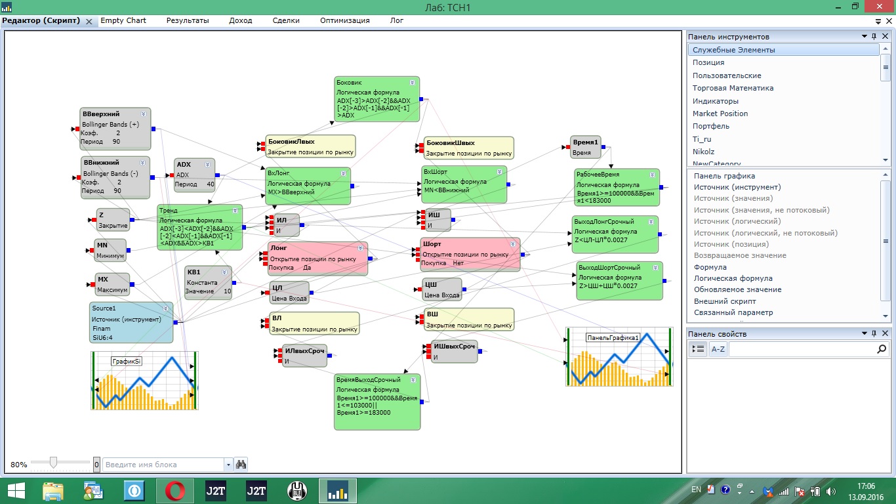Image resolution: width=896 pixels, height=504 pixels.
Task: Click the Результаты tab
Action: pyautogui.click(x=188, y=20)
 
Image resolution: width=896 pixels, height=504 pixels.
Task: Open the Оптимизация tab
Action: pyautogui.click(x=344, y=20)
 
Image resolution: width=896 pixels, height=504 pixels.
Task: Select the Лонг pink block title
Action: pyautogui.click(x=278, y=248)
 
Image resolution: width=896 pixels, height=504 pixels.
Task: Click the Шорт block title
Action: pyautogui.click(x=432, y=243)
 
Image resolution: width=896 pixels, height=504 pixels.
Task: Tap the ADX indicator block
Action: pyautogui.click(x=194, y=175)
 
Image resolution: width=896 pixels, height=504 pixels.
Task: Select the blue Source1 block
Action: pyautogui.click(x=131, y=323)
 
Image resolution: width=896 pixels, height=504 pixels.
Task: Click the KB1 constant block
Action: pyautogui.click(x=208, y=283)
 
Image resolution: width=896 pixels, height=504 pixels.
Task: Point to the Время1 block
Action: pyautogui.click(x=585, y=147)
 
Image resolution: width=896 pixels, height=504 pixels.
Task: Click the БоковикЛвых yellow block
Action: pyautogui.click(x=310, y=146)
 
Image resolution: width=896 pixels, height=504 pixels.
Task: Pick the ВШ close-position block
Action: pyautogui.click(x=468, y=319)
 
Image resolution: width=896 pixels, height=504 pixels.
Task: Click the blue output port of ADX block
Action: pyautogui.click(x=217, y=175)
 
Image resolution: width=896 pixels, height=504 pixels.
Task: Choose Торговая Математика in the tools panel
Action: pyautogui.click(x=733, y=88)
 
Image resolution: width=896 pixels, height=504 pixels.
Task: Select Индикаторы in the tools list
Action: pyautogui.click(x=715, y=101)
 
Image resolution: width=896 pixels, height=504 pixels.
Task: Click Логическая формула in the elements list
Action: pyautogui.click(x=733, y=278)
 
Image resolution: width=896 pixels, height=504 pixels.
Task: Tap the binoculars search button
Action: pyautogui.click(x=241, y=465)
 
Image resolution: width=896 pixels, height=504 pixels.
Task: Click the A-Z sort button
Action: pyautogui.click(x=718, y=349)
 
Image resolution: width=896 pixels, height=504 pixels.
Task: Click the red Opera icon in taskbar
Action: pyautogui.click(x=174, y=491)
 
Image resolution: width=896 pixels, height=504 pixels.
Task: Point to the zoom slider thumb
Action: pyautogui.click(x=53, y=463)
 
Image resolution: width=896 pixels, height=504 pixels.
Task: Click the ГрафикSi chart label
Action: pyautogui.click(x=127, y=362)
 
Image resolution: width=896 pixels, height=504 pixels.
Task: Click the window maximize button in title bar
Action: pyautogui.click(x=855, y=7)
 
